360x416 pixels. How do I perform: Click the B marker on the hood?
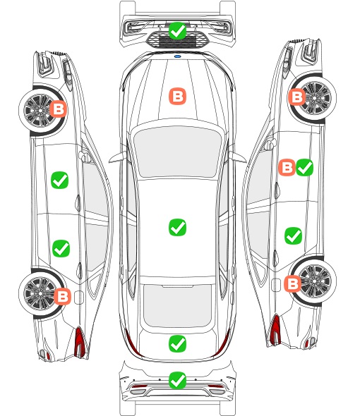tap(177, 96)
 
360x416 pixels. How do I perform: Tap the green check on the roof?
tap(177, 227)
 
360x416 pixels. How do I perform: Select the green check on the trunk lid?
tap(177, 344)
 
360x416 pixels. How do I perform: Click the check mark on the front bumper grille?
tap(177, 31)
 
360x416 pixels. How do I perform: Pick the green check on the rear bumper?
tap(177, 381)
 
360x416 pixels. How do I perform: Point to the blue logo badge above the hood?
tap(177, 56)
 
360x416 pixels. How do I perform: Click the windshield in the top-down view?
tap(177, 151)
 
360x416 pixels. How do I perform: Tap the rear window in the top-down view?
tap(177, 305)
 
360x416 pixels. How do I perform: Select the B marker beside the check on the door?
tap(287, 167)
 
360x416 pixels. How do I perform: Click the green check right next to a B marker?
tap(304, 167)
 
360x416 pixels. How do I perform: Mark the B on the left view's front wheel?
tap(59, 109)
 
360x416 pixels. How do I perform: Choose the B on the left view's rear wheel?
tap(62, 296)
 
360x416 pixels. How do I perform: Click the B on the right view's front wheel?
tap(296, 97)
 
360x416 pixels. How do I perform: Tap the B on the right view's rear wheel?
tap(292, 283)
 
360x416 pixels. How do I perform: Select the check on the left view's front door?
tap(59, 180)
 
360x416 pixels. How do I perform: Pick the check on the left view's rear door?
tap(61, 249)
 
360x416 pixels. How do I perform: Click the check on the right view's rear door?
tap(294, 235)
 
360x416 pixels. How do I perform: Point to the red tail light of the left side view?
tap(80, 342)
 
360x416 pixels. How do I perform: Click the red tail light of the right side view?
tap(275, 330)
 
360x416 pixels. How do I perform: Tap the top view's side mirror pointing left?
tap(117, 157)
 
